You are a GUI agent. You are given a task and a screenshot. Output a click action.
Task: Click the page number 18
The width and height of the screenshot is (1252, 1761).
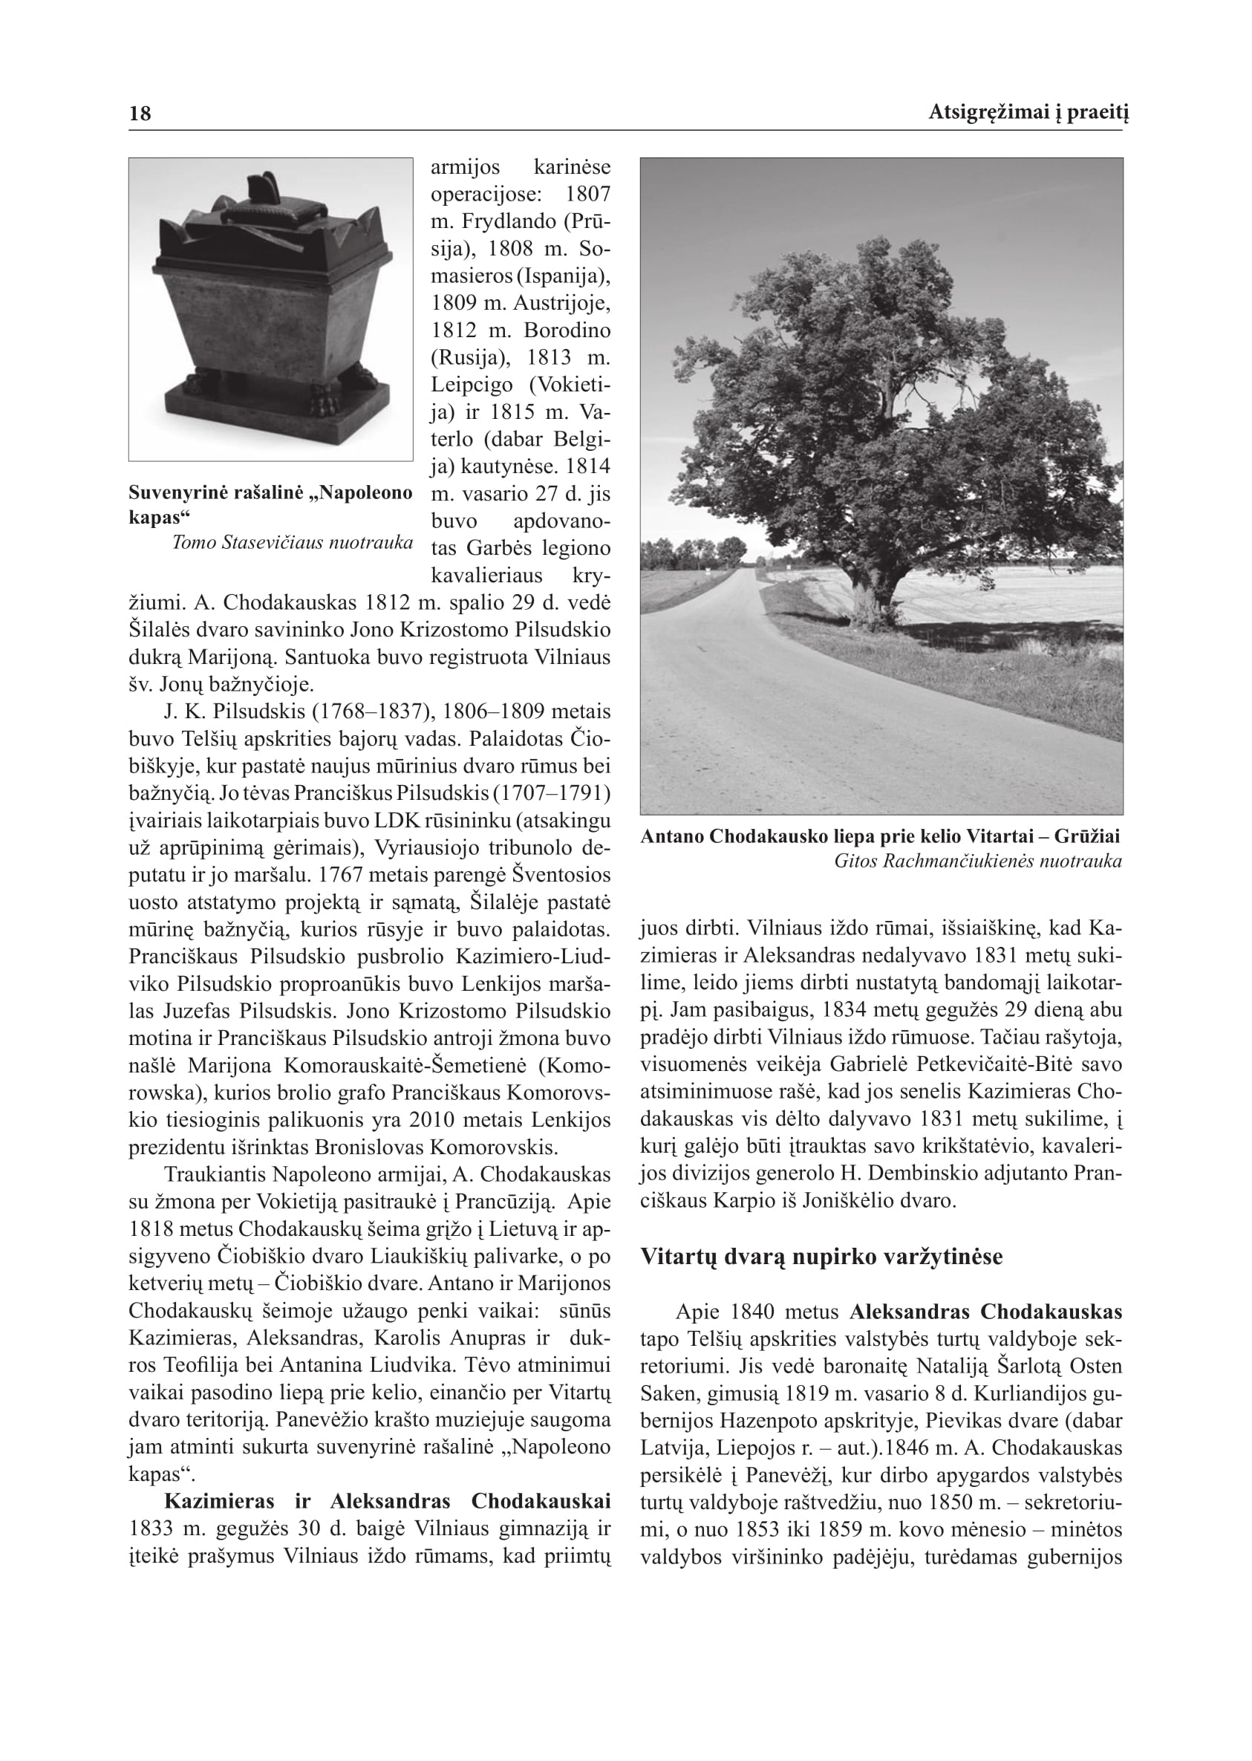pos(140,114)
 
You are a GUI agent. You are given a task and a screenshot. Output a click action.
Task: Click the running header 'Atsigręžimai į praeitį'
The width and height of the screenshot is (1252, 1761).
pos(1025,114)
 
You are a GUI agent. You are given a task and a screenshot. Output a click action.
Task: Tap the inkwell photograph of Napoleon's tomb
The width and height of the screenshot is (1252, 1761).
pos(270,308)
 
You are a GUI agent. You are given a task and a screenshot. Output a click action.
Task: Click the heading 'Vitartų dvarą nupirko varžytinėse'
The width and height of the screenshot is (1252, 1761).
pos(822,1257)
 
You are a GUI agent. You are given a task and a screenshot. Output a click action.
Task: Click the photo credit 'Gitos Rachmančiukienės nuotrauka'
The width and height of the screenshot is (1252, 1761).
pos(977,862)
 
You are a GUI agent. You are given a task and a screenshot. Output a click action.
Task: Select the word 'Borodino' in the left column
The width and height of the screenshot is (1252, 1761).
pos(567,331)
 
